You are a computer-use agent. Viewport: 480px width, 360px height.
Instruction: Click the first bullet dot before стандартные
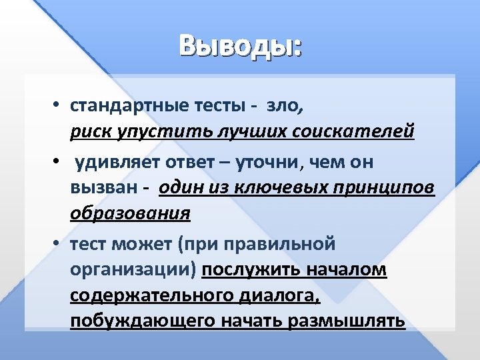tap(59, 106)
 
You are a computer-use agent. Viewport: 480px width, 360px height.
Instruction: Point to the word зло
tap(285, 105)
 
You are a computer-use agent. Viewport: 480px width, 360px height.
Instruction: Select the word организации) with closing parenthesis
tap(133, 270)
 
